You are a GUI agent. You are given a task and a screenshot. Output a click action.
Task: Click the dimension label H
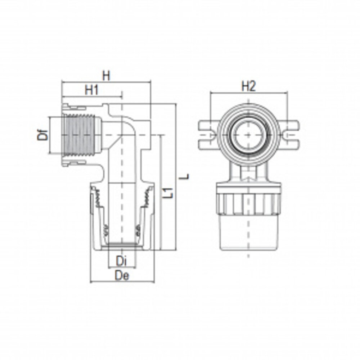(106, 76)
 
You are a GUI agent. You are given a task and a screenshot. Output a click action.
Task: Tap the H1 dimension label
(92, 90)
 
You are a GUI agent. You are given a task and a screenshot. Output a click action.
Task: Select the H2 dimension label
(248, 86)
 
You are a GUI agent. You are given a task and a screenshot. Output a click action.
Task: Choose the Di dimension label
(122, 260)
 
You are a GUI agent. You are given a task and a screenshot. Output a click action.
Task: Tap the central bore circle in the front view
(248, 135)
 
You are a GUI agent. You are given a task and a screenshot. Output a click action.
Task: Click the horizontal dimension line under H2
(248, 93)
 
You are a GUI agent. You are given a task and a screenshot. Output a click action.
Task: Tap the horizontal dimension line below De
(122, 282)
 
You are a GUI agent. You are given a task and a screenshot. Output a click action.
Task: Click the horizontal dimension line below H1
(92, 96)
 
